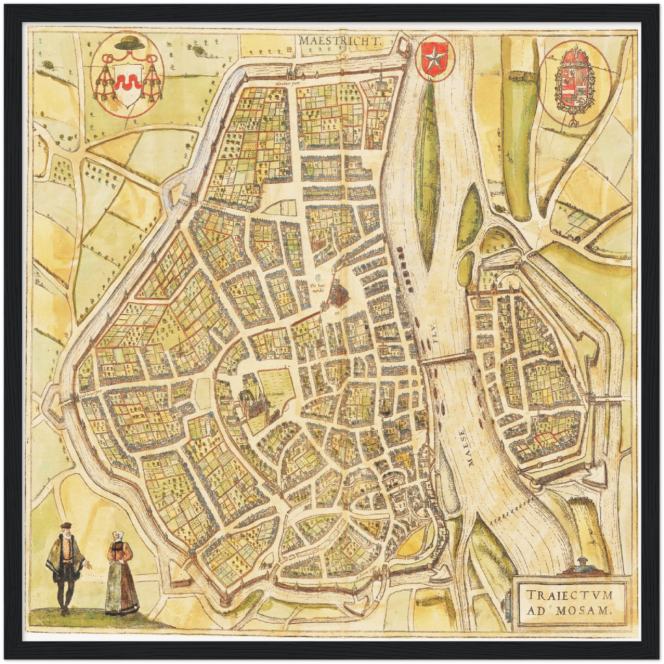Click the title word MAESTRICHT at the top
340,40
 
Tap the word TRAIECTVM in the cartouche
569,596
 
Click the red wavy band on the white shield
125,83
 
